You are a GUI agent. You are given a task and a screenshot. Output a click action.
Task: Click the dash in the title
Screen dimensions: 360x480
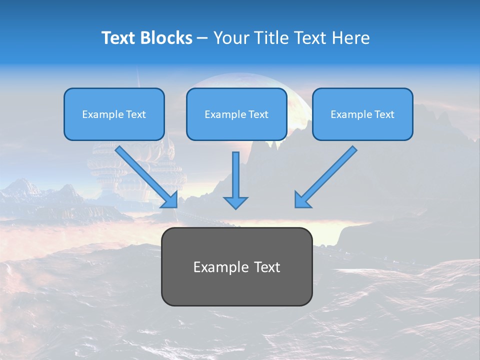[202, 38]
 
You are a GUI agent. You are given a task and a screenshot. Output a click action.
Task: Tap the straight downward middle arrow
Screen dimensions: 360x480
[235, 175]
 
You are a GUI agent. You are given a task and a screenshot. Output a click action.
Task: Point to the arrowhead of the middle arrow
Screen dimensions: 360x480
[235, 202]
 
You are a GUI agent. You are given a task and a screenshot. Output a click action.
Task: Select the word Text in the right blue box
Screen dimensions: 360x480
[384, 114]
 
